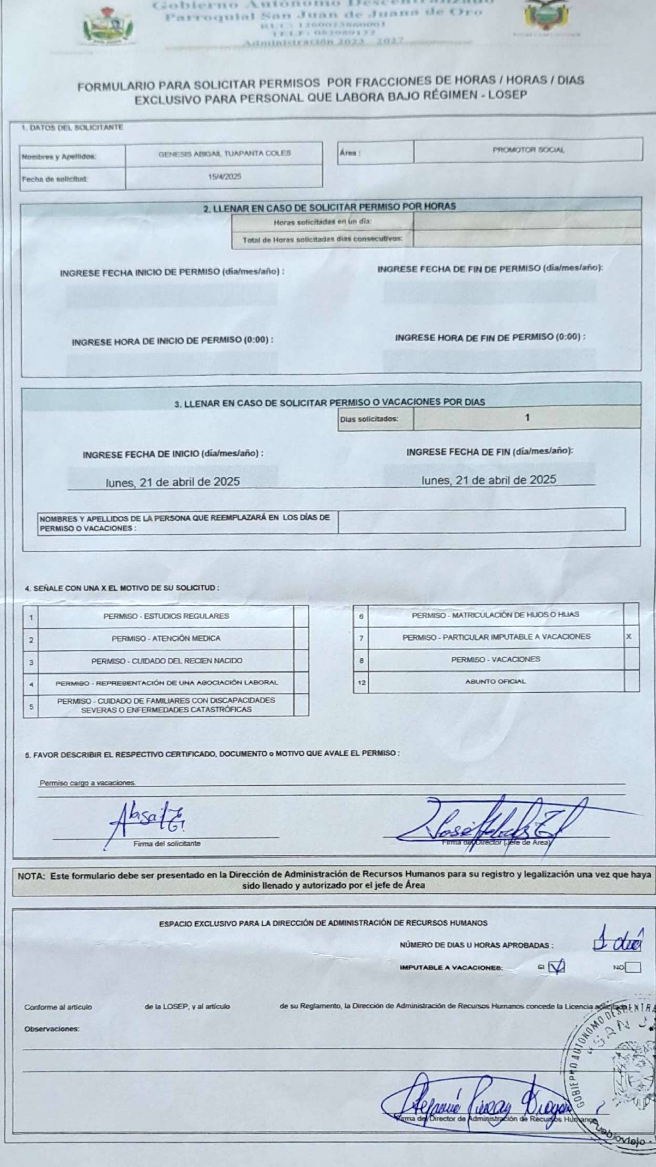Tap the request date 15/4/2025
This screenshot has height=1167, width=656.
click(x=224, y=177)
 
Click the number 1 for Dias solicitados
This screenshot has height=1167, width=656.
click(x=527, y=418)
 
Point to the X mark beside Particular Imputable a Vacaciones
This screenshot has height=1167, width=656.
click(x=629, y=636)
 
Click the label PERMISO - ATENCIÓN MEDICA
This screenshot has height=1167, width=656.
click(x=166, y=638)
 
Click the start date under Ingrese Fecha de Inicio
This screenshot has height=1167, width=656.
click(x=173, y=482)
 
